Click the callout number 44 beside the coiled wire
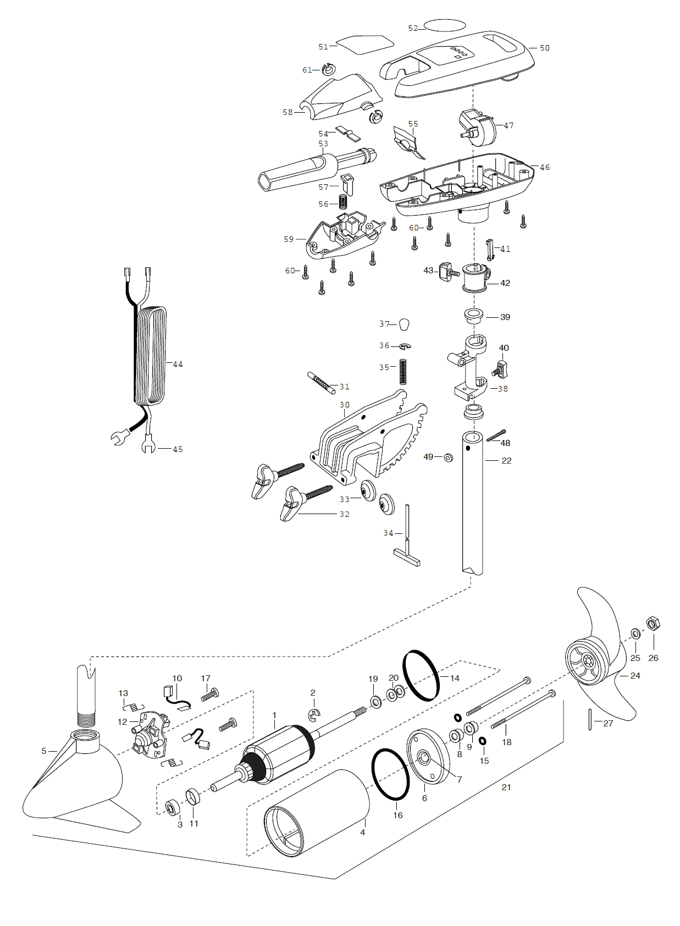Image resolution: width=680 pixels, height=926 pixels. (x=178, y=364)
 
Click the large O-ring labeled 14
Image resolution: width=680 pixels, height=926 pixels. (x=421, y=675)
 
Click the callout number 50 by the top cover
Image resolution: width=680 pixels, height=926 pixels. (x=545, y=48)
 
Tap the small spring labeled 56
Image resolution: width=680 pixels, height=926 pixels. (x=343, y=202)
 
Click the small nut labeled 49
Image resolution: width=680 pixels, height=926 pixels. (x=447, y=458)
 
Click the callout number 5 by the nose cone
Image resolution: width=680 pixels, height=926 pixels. (x=44, y=751)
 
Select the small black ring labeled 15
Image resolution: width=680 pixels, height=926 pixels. (x=483, y=740)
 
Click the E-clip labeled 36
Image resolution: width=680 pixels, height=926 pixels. (x=405, y=346)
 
